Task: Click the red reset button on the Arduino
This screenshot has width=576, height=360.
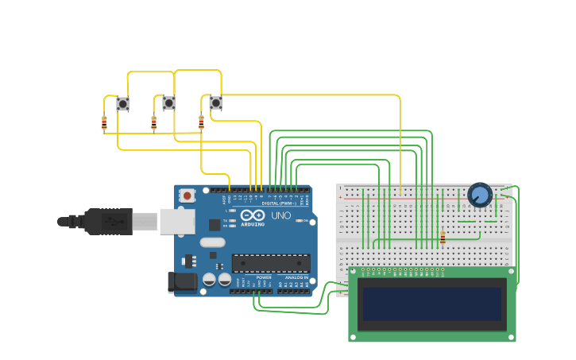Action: coord(187,195)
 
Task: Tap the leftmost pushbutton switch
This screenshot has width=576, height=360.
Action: coord(122,103)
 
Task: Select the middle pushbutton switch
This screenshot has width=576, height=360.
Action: coord(168,103)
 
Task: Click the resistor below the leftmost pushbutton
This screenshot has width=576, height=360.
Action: coord(104,122)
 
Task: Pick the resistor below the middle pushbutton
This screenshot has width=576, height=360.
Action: coord(154,122)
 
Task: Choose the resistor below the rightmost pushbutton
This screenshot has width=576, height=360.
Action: coord(201,122)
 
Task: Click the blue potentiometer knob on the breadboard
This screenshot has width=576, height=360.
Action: coord(480,195)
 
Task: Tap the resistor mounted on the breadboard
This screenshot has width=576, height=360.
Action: coord(443,237)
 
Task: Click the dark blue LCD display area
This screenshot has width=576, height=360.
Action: coord(432,304)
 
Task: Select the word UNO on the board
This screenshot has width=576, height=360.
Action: coord(281,215)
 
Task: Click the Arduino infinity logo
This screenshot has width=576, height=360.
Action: coord(253,216)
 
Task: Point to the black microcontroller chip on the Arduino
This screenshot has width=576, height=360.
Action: coord(271,263)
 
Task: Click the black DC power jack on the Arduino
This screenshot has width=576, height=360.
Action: coord(183,281)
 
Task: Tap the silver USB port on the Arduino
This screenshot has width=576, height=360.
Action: coord(176,221)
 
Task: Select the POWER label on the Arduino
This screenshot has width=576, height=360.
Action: coord(263,277)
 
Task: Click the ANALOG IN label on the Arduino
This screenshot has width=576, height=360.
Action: coord(296,277)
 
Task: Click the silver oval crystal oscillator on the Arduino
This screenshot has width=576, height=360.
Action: coord(212,242)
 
